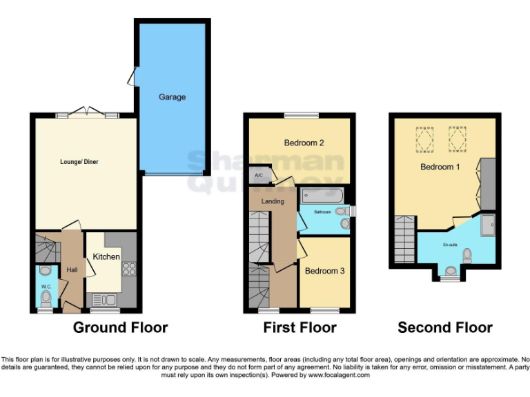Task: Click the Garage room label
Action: pos(172,97)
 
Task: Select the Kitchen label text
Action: pos(106,256)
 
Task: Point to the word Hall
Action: pos(72,271)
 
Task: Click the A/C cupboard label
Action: pos(259,175)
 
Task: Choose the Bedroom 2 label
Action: pos(304,143)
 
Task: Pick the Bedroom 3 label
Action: pos(324,271)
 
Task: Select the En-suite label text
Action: pos(450,243)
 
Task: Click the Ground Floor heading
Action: pos(120,327)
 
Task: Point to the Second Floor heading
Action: pos(445,327)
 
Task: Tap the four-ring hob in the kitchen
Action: pos(128,268)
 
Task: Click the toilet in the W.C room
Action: pos(46,298)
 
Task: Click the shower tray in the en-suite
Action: pos(487,224)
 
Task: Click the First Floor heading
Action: pos(300,327)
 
